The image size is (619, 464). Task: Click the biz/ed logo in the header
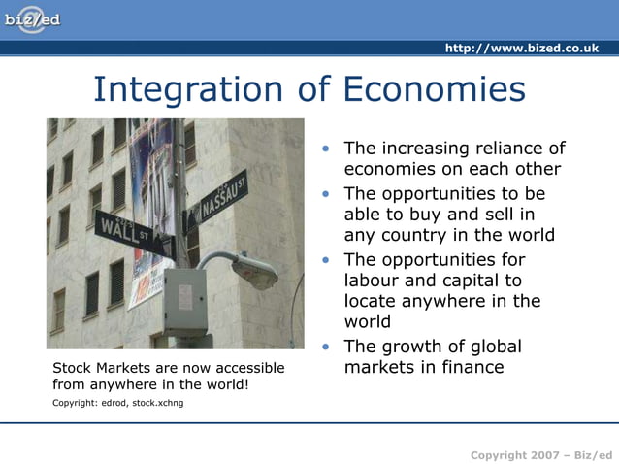32,19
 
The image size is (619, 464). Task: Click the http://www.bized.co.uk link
521,48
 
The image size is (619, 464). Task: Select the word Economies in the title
434,89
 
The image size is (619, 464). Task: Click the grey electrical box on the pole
184,301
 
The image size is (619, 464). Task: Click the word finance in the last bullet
472,367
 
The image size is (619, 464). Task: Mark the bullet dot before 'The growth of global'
329,347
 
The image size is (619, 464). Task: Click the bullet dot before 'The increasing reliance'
329,149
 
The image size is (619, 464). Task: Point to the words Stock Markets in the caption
98,368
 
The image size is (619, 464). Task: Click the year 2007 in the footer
540,455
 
